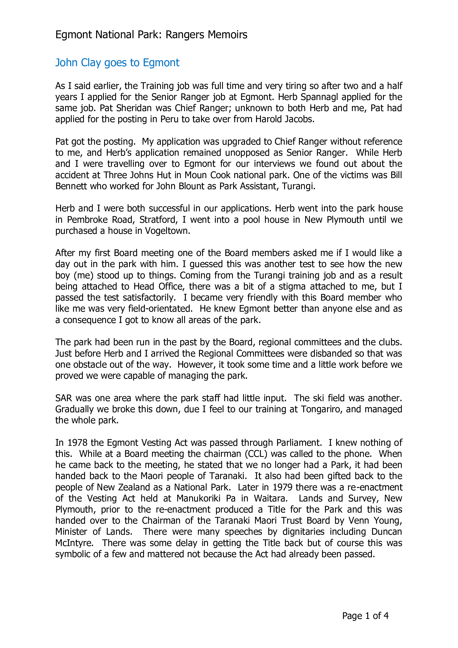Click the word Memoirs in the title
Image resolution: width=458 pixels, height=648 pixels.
[x=227, y=35]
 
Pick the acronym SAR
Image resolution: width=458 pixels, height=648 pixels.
[x=64, y=398]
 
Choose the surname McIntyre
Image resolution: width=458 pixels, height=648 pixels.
[x=74, y=543]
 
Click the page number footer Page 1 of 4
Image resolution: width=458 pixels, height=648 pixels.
[x=365, y=616]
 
